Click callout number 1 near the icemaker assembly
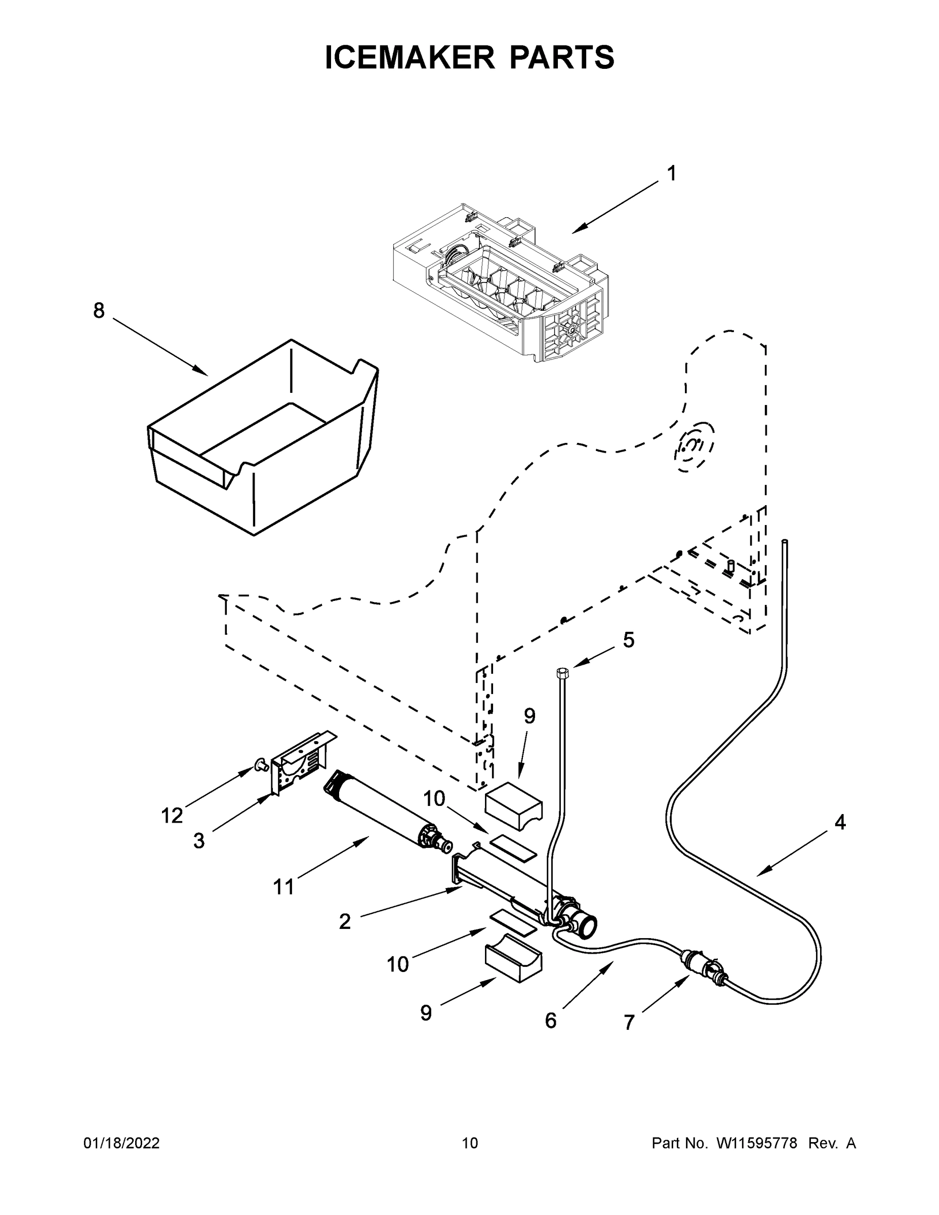point(671,173)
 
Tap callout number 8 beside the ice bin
point(99,310)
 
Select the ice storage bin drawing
point(261,439)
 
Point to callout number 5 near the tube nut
point(628,640)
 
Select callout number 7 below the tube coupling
point(629,1023)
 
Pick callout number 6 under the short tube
point(550,1021)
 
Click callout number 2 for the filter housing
point(345,922)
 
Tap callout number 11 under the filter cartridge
point(283,886)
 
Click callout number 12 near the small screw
point(172,816)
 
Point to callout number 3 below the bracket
point(198,840)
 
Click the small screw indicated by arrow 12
point(259,766)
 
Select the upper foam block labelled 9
point(513,805)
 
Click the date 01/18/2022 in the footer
point(121,1143)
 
